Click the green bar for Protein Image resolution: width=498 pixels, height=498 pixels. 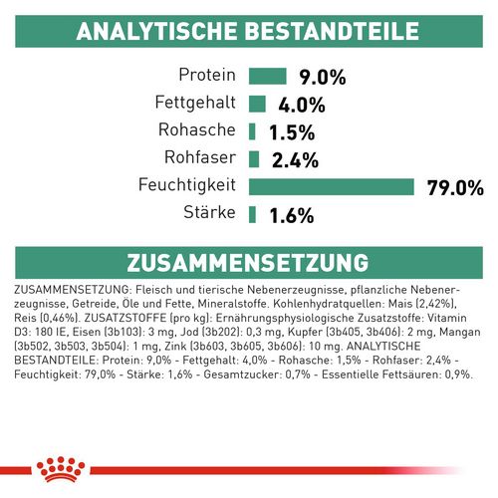coord(266,76)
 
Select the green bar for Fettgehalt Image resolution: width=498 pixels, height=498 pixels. coord(257,104)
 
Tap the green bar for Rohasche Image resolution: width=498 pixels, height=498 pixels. coord(252,130)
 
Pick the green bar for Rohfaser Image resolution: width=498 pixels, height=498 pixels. coord(254,158)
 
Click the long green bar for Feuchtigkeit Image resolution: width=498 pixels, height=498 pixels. coord(331,186)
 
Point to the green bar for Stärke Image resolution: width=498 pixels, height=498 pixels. coord(252,213)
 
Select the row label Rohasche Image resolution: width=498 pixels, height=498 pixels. coord(196,130)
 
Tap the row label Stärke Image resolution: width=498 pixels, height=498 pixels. coord(207,213)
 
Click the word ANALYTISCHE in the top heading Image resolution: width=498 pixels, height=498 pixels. coord(156,31)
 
